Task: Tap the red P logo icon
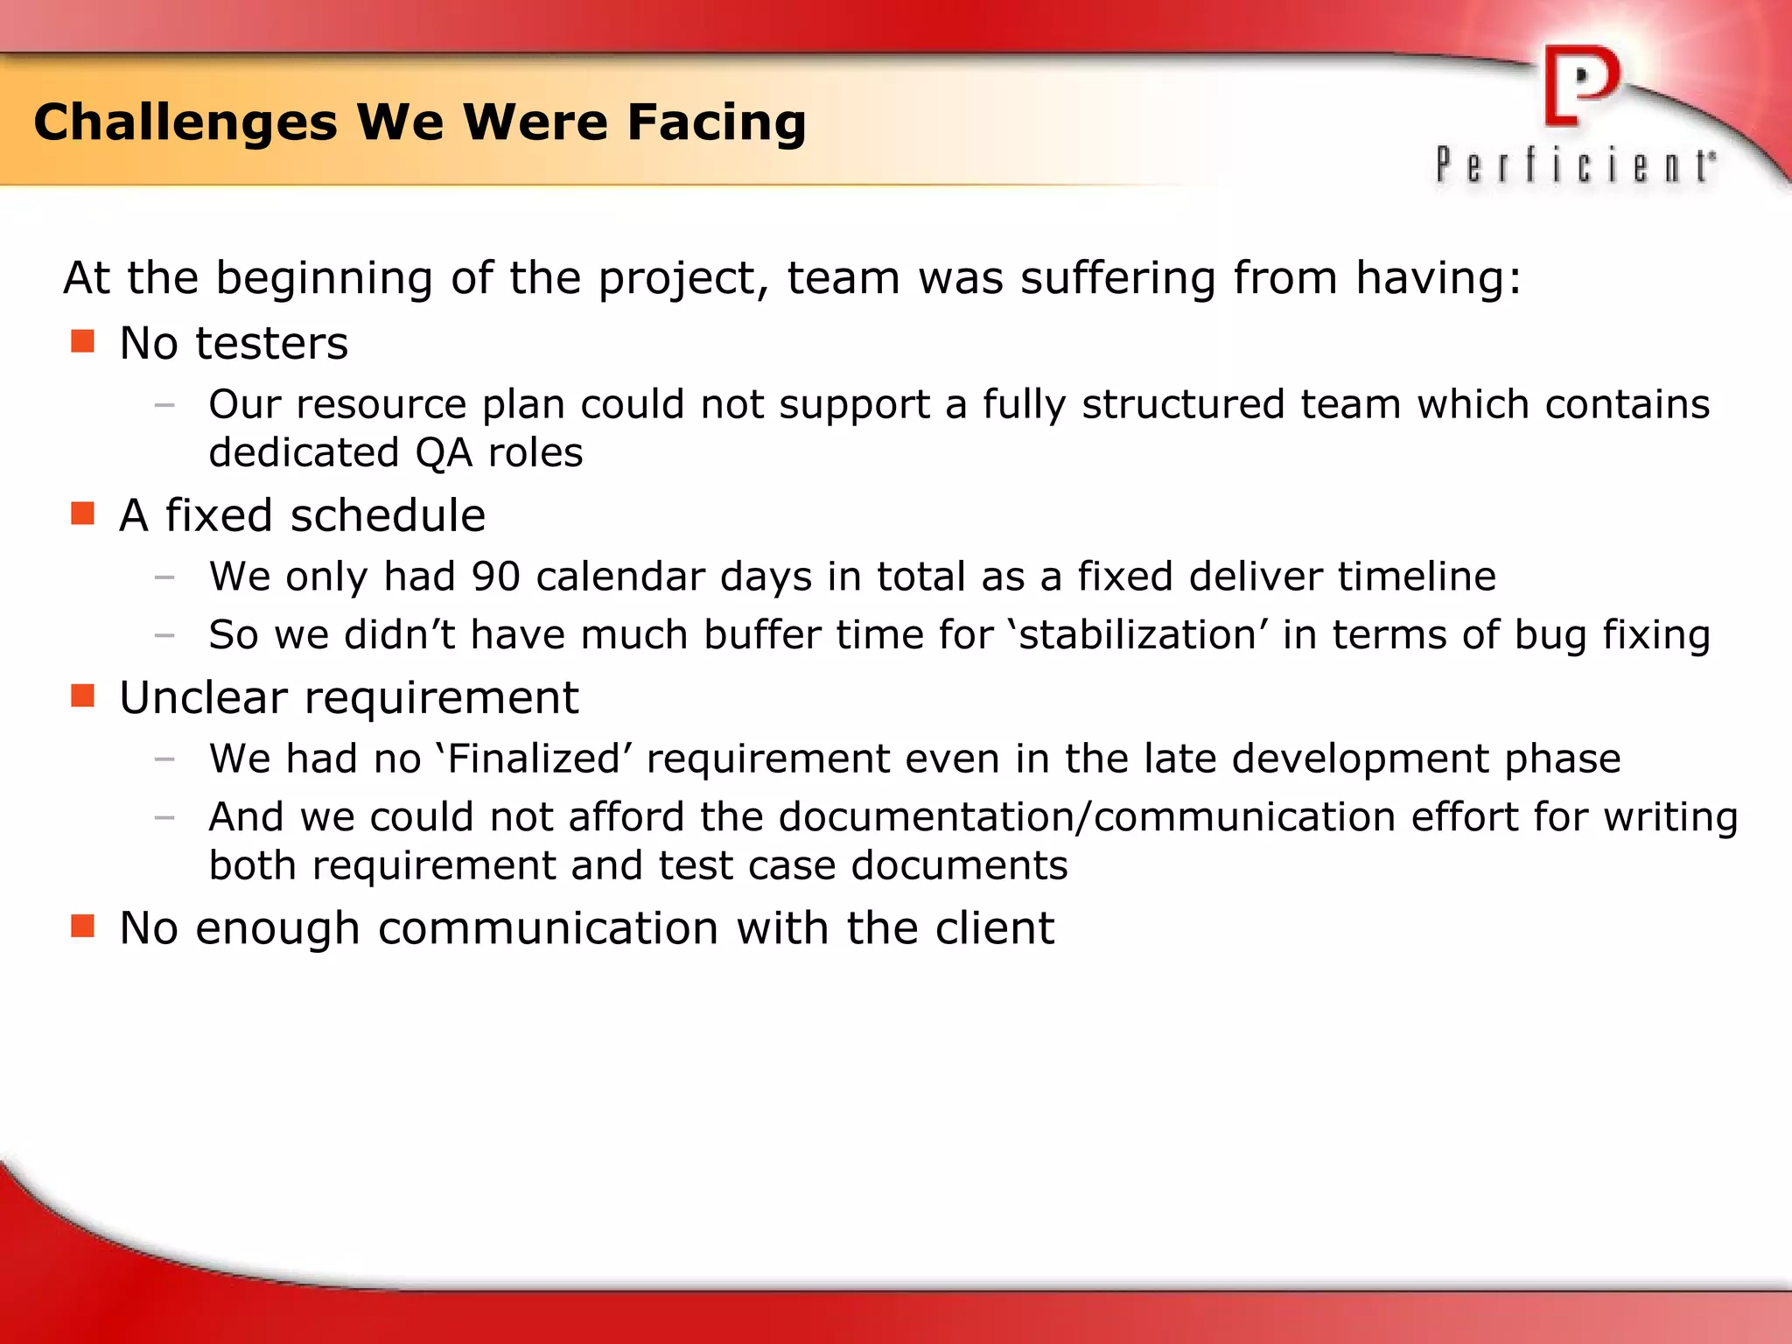point(1580,86)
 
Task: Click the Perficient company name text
point(1575,165)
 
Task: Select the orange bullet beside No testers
point(82,341)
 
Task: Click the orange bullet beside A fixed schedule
point(82,514)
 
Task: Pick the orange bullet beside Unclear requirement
point(82,696)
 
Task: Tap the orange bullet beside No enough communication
point(82,926)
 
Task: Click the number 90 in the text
point(496,577)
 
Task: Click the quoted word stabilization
point(1137,635)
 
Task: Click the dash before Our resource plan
point(164,405)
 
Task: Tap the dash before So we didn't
point(164,636)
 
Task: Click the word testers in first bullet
point(271,343)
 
